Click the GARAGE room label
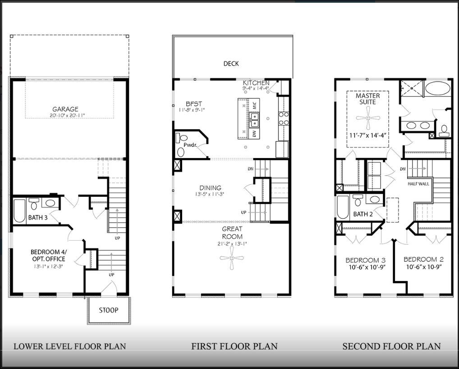tap(65, 109)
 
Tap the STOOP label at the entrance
tap(108, 310)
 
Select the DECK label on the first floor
tap(231, 64)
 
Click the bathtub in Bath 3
tap(19, 210)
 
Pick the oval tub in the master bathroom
tap(437, 88)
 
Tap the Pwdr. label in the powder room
tap(190, 145)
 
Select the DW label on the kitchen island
tap(254, 134)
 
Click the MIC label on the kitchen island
tap(254, 106)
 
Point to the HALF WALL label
tap(418, 184)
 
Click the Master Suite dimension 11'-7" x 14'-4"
tap(367, 135)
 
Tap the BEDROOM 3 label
tap(365, 260)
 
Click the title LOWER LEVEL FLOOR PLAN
tap(69, 346)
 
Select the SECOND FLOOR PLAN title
tap(391, 346)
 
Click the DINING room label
tap(211, 188)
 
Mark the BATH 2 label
tap(363, 214)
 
